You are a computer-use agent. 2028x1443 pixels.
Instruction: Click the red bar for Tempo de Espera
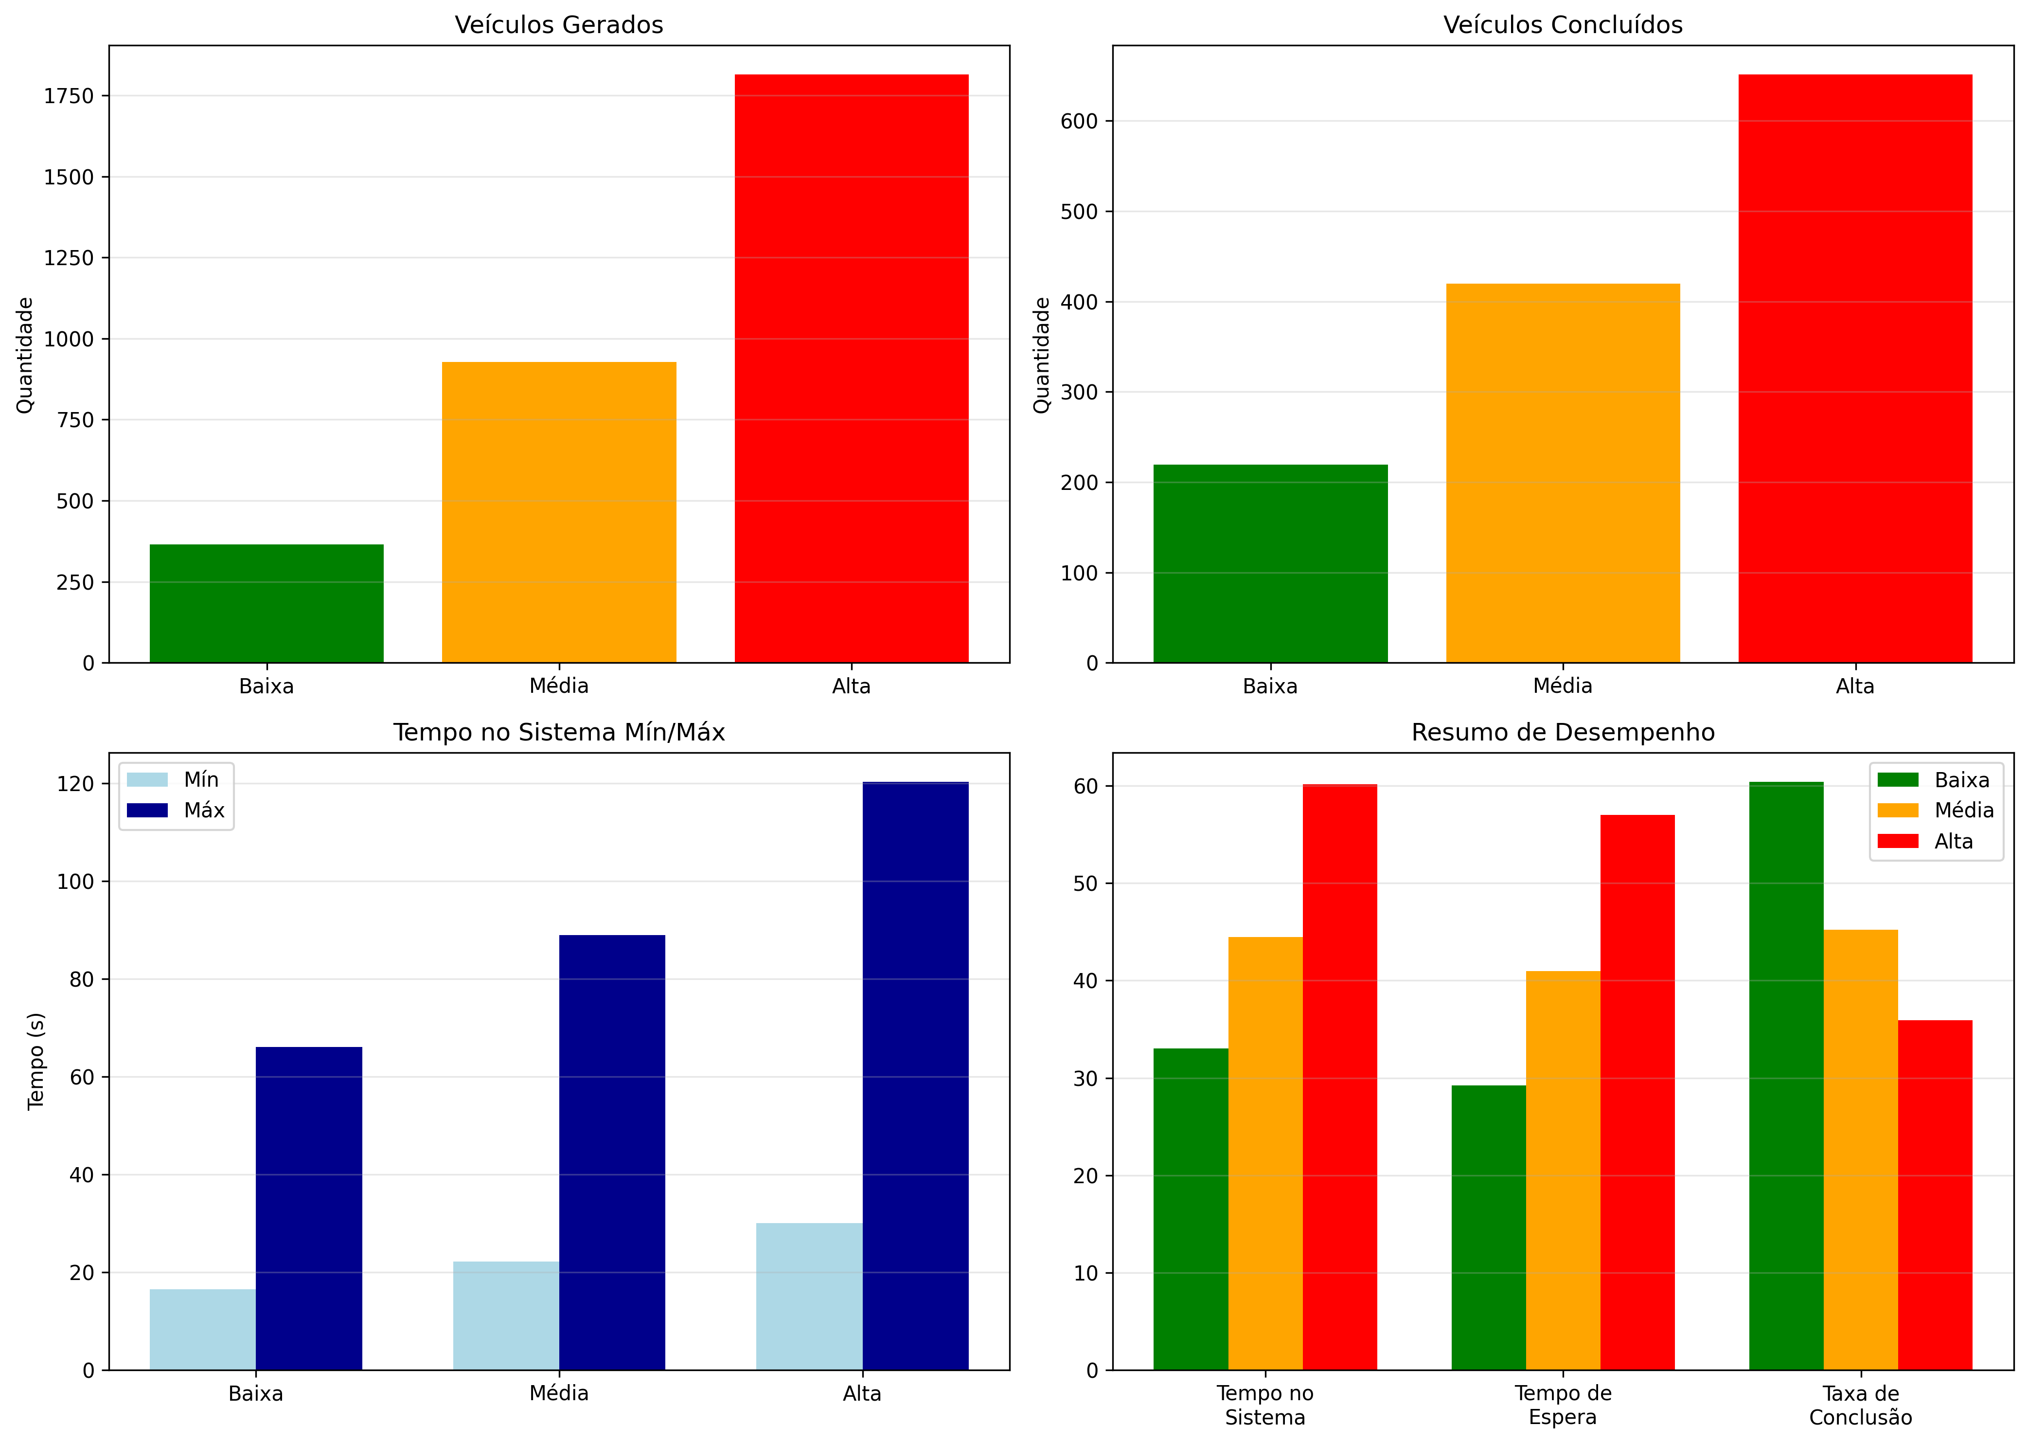coord(1637,1092)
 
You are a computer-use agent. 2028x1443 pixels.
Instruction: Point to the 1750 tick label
coord(69,96)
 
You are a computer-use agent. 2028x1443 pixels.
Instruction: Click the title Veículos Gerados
coord(559,25)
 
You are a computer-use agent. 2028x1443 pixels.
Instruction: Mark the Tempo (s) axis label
coord(36,1061)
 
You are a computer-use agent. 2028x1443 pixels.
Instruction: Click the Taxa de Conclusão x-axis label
coord(1860,1405)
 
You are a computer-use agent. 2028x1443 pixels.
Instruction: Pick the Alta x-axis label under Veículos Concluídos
coord(1855,686)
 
